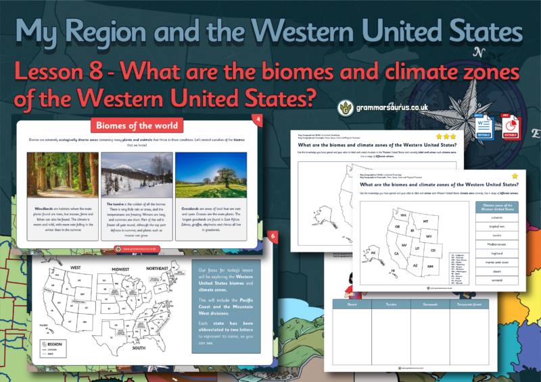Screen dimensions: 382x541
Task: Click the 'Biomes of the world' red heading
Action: [137, 125]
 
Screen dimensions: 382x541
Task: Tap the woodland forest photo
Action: [60, 174]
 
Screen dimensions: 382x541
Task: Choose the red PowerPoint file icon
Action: [509, 126]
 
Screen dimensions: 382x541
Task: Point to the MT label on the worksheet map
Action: [425, 221]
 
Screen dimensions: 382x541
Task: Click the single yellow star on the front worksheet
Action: [515, 175]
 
